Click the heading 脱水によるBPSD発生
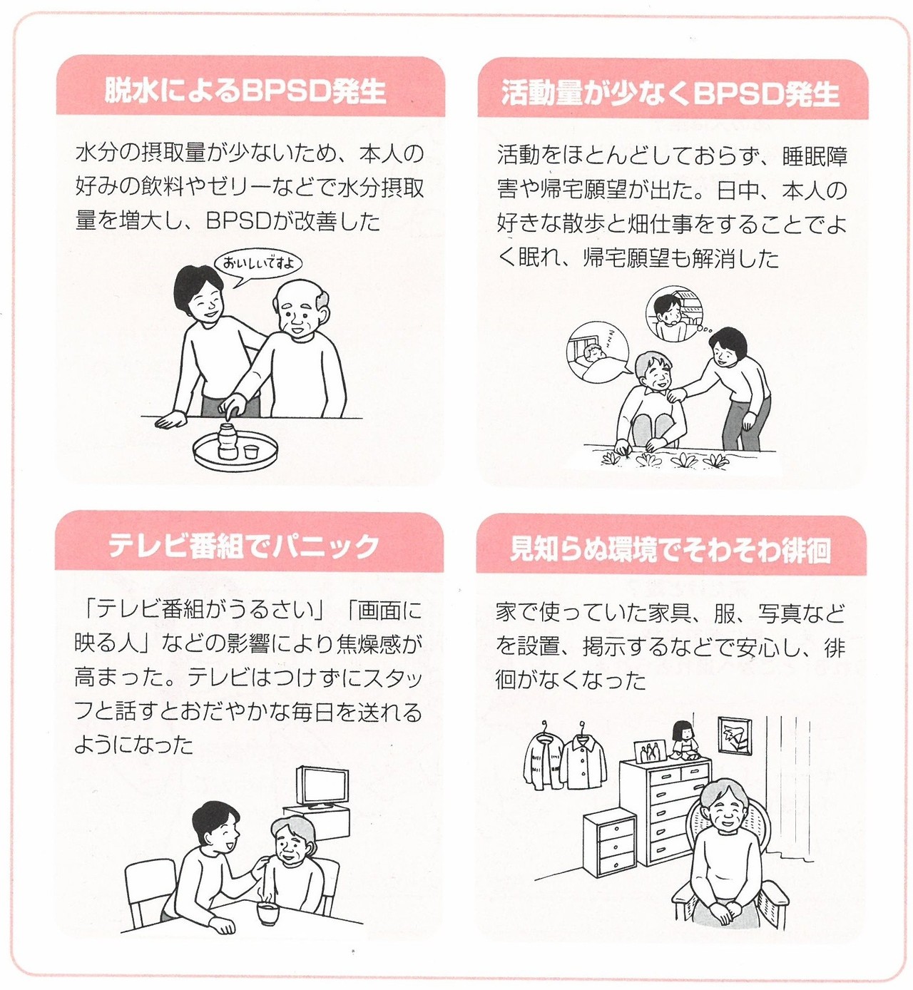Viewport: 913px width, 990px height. tap(245, 91)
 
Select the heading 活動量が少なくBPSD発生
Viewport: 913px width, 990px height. tap(670, 93)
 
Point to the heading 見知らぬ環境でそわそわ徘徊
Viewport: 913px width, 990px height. tap(670, 550)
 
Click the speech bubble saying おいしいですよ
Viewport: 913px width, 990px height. tap(257, 263)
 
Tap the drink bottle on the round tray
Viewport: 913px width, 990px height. tap(228, 441)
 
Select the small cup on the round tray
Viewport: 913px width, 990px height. tap(250, 451)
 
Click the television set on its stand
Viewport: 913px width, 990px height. tap(323, 787)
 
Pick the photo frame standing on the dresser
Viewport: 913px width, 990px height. tap(650, 751)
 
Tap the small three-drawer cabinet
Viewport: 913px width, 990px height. tap(610, 844)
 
